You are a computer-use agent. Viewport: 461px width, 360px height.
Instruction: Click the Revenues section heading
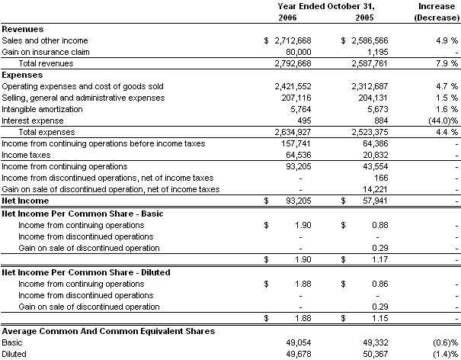(x=23, y=28)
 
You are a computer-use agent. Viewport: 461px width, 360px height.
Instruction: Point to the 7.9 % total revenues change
(x=446, y=63)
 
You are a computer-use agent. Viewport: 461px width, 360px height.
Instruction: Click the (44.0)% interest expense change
(x=442, y=121)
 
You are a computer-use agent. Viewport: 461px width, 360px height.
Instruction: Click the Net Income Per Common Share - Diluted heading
(x=86, y=272)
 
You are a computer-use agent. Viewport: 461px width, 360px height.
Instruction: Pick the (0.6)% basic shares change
(x=443, y=342)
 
